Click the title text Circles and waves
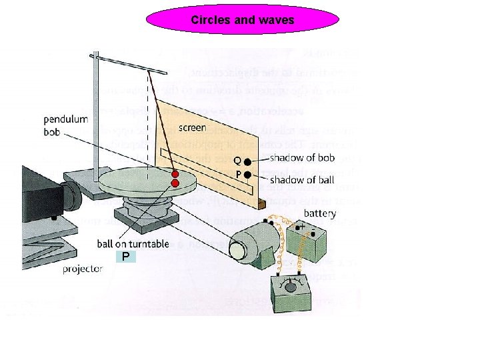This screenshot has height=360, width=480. click(242, 20)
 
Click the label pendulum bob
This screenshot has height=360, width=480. click(66, 125)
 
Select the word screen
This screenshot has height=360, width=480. click(192, 127)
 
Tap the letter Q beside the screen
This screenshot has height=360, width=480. click(237, 160)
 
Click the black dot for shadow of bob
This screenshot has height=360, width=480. click(247, 162)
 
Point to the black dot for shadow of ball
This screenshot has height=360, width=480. click(247, 175)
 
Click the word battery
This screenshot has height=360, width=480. click(319, 213)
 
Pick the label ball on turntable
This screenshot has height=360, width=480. click(133, 243)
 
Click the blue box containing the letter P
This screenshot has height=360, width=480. click(125, 257)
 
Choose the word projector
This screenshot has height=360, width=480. click(83, 269)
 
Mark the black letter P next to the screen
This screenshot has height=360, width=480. click(237, 173)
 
